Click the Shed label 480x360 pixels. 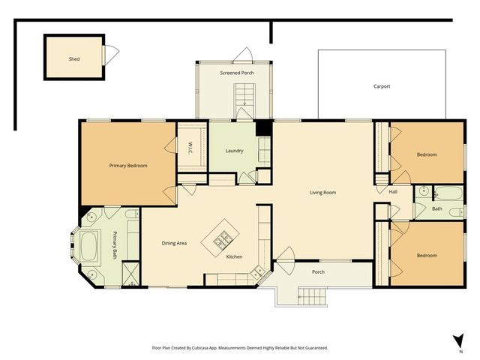pos(74,58)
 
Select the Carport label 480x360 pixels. pos(382,86)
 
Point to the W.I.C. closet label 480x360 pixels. pos(190,146)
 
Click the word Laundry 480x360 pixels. pos(234,151)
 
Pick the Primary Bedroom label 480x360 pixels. pos(127,165)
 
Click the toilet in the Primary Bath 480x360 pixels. pos(130,216)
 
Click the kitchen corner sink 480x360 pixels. pos(258,271)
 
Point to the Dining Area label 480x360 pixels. pos(174,243)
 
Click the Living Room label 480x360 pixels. pos(322,193)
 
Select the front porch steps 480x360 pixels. pos(313,298)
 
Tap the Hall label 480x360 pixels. pos(392,192)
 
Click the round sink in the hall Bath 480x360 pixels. pos(424,191)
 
